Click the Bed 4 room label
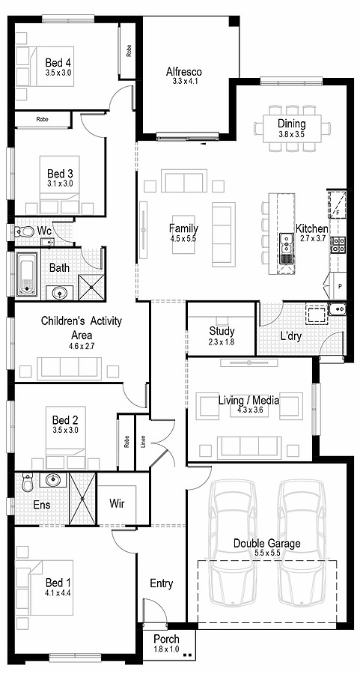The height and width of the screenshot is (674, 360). [58, 62]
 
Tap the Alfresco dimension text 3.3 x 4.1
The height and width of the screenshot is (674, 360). [184, 81]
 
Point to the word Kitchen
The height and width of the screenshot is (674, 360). [311, 228]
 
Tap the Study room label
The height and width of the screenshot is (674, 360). [222, 330]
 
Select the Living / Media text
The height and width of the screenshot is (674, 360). [248, 401]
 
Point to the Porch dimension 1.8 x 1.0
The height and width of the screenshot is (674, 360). [166, 649]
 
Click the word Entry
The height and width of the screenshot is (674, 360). [161, 583]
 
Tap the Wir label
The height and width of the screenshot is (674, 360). [117, 504]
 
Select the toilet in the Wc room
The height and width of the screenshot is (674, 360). [24, 232]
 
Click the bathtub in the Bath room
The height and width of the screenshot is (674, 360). [28, 274]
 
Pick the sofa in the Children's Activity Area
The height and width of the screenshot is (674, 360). [70, 367]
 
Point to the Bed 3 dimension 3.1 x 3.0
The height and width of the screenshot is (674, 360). [59, 183]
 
